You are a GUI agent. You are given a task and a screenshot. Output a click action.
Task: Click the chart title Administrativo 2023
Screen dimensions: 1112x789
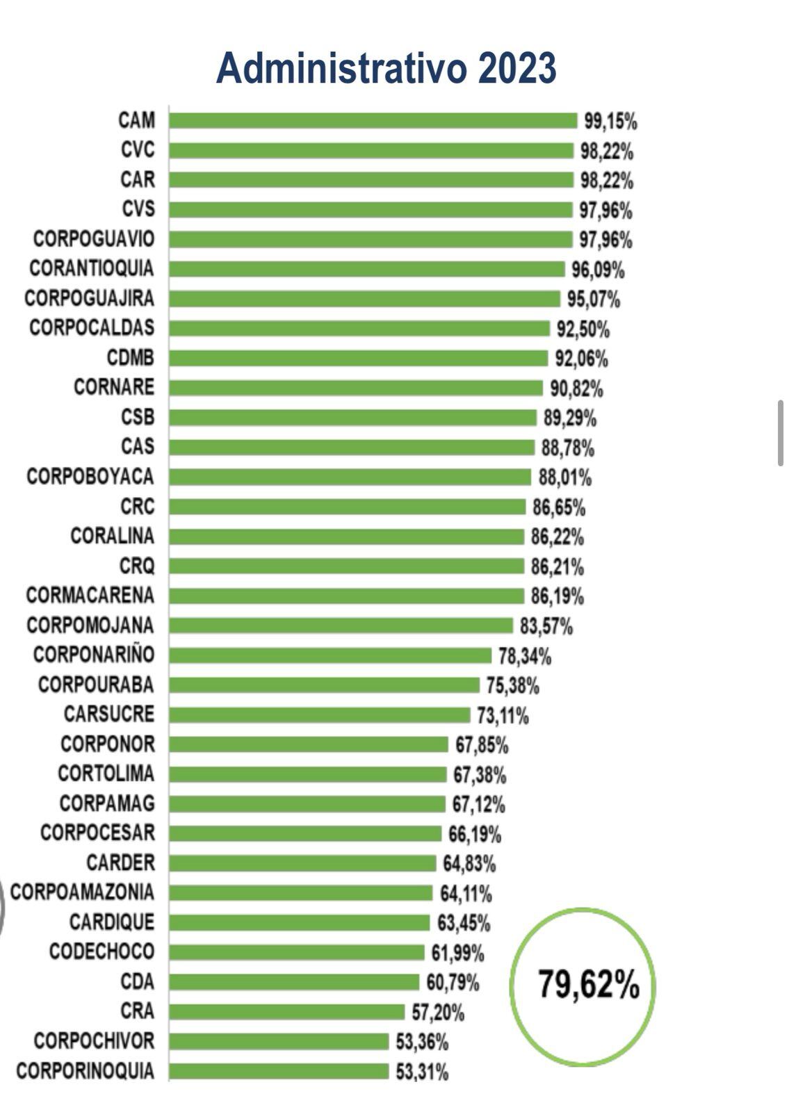coord(386,69)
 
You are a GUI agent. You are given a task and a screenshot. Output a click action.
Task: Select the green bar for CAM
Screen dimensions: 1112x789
coord(373,121)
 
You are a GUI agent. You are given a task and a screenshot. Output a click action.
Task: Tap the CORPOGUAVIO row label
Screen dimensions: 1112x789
coord(94,239)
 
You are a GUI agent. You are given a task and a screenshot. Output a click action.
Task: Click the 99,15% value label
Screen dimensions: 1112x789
coord(610,122)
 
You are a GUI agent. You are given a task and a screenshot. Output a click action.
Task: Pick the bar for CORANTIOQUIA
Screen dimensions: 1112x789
coord(366,269)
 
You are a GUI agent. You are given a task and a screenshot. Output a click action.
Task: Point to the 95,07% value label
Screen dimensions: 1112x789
coord(593,300)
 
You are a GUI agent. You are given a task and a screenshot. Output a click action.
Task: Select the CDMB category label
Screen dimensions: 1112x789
coord(130,358)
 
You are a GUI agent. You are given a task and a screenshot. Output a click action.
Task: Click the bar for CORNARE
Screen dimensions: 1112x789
coord(355,388)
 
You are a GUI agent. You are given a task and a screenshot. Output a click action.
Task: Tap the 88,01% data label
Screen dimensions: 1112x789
coord(564,477)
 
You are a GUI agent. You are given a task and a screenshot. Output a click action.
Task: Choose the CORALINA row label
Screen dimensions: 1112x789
coord(113,537)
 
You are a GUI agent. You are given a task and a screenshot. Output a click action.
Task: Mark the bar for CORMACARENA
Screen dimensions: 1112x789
coord(346,596)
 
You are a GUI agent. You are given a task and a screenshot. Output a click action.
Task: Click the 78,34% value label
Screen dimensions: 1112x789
coord(524,656)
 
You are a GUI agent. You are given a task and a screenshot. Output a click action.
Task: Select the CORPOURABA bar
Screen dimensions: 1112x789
coord(324,685)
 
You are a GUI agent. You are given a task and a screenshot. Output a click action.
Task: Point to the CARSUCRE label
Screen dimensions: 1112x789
coord(109,714)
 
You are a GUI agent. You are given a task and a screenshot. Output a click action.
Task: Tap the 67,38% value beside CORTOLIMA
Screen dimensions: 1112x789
coord(479,775)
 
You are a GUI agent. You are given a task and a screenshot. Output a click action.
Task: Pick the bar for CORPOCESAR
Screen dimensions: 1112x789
coord(304,833)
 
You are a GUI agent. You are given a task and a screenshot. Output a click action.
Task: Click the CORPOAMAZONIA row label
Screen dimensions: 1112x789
coord(82,892)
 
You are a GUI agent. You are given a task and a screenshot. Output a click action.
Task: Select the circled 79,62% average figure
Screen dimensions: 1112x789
coord(588,985)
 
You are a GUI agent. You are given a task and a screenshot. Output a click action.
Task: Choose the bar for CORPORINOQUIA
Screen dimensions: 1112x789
coord(279,1071)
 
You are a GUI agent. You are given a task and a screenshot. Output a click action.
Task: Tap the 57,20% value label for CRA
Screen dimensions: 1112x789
coord(437,1013)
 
